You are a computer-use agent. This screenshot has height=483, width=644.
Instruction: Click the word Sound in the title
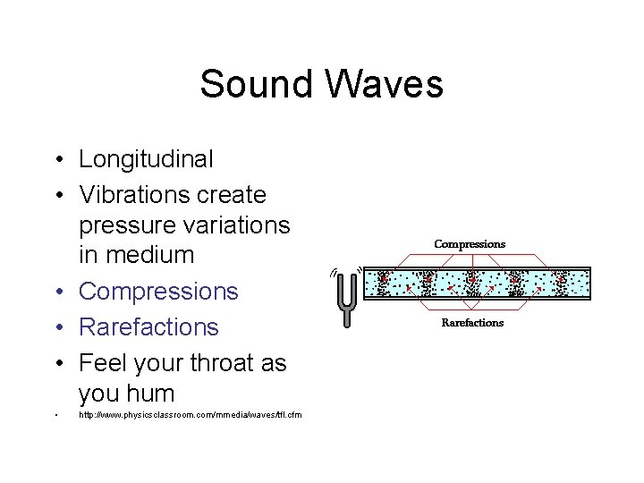point(256,85)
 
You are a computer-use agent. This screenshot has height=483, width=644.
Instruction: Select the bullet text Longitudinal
point(147,159)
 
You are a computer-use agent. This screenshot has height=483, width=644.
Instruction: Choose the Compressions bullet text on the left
point(159,292)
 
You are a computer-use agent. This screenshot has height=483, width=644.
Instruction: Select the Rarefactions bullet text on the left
point(148,327)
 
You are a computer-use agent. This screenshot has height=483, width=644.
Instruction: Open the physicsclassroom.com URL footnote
point(191,415)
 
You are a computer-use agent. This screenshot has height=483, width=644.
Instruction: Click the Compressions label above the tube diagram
point(470,244)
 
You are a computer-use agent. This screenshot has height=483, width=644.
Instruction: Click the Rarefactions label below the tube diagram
point(472,323)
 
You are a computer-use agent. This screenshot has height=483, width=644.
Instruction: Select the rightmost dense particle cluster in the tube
point(559,282)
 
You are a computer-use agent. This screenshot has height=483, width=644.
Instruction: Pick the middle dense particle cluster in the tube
point(472,282)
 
